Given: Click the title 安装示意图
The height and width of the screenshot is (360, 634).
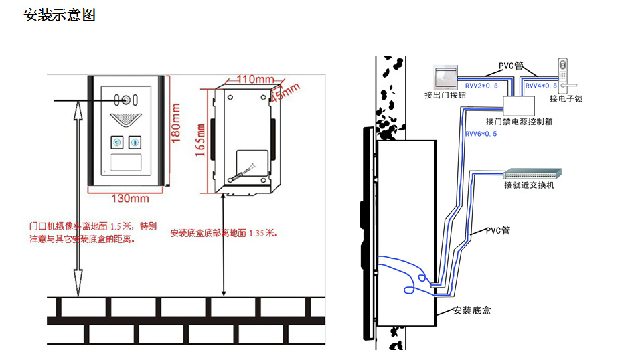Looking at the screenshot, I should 60,15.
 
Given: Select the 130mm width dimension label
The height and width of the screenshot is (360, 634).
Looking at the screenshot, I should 130,198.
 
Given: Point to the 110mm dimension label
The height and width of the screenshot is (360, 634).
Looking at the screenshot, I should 252,80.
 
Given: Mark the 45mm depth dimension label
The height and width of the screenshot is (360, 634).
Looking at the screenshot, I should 285,92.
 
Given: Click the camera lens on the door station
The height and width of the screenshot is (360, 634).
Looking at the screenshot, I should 125,101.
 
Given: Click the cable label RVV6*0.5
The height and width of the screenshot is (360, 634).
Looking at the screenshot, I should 481,134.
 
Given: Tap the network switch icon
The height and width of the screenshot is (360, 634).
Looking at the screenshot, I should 534,173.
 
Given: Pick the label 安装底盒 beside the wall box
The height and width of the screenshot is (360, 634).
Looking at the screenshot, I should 473,310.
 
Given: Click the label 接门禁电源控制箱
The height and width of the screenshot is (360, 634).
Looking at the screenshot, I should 518,122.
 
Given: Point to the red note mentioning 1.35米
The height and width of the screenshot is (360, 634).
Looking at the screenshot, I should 224,234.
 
